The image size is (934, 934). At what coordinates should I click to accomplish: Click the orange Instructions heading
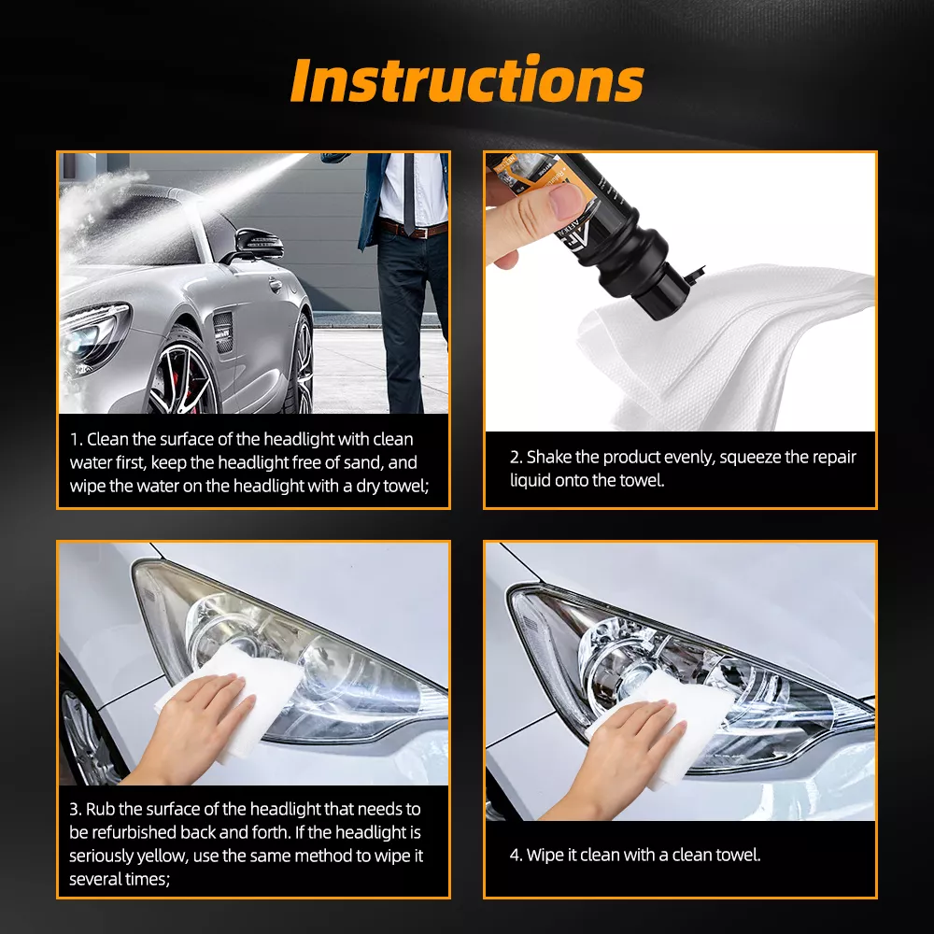[467, 81]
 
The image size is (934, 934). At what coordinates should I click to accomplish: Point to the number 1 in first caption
[74, 439]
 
